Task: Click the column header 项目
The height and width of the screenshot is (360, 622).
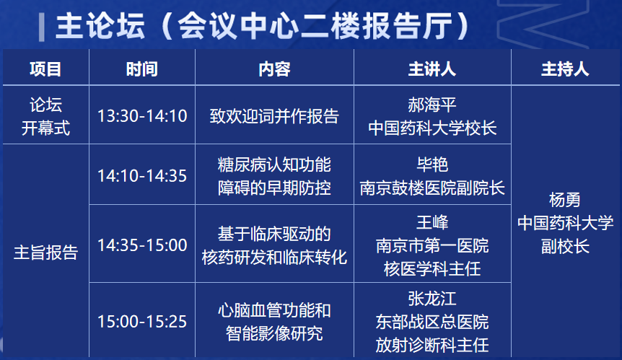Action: (x=45, y=69)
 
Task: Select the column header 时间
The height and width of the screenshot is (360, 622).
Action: (x=142, y=69)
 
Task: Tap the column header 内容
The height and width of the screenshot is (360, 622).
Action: (x=274, y=69)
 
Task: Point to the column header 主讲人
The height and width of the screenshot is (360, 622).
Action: (x=432, y=69)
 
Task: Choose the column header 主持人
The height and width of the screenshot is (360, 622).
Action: (x=565, y=69)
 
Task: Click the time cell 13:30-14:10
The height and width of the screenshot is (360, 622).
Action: (x=142, y=116)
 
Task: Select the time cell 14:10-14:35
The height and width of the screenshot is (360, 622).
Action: (x=142, y=176)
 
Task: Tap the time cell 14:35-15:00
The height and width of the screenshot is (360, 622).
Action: (x=142, y=245)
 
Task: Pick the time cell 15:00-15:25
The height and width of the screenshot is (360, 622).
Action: (x=142, y=322)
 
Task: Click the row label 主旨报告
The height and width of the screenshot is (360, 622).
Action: (x=45, y=253)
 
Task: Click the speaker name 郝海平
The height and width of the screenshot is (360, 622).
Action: (x=432, y=105)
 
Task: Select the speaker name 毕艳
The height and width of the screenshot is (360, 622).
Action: (x=432, y=164)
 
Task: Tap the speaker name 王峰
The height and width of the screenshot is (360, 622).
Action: (x=432, y=222)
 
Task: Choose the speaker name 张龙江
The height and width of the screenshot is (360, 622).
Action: (x=432, y=299)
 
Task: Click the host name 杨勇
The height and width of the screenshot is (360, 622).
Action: (x=565, y=200)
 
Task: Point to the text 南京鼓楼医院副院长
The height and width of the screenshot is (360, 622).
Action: (x=432, y=188)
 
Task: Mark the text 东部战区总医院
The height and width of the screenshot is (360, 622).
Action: (x=432, y=322)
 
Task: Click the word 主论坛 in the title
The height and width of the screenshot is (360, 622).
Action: (x=100, y=26)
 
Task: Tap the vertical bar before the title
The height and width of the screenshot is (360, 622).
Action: (x=42, y=27)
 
